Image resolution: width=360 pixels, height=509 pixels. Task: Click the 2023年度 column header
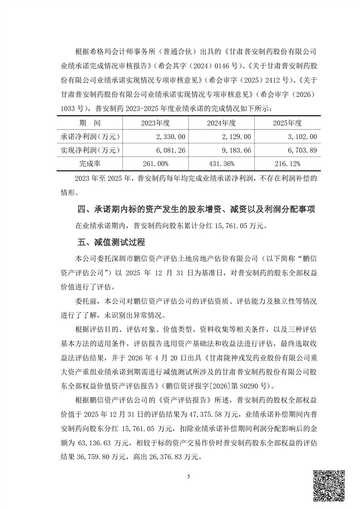155,123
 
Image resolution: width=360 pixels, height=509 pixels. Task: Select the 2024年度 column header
221,123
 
